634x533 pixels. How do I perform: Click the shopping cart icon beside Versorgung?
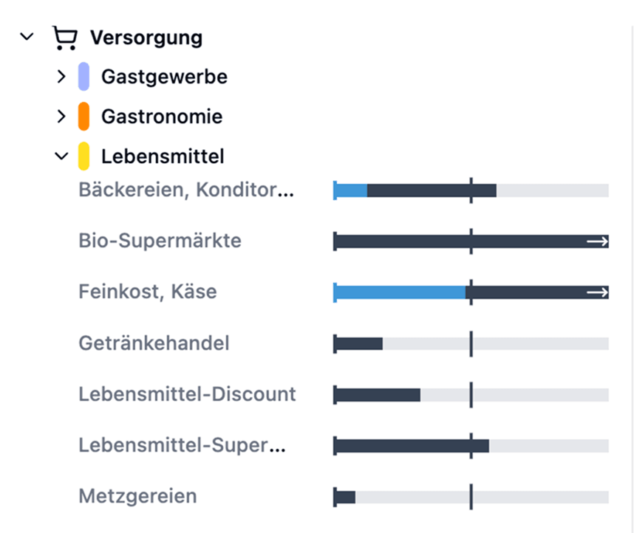click(65, 37)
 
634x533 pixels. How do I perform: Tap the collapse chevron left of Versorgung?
click(27, 36)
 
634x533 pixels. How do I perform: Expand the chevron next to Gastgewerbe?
click(61, 76)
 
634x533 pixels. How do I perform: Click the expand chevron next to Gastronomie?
click(61, 116)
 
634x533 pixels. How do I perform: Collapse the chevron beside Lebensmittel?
click(61, 156)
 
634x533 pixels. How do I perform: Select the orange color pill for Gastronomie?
click(83, 117)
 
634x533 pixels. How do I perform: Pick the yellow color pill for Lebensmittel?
click(83, 157)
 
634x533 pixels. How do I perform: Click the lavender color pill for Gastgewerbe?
click(83, 77)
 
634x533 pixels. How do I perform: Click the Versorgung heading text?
click(146, 37)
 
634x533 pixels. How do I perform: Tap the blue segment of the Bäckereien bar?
click(351, 190)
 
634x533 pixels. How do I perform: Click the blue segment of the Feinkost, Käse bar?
click(400, 292)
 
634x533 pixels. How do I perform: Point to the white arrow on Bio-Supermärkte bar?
click(597, 241)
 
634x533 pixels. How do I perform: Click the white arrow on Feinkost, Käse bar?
click(597, 292)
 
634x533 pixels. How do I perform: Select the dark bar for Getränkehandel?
click(359, 343)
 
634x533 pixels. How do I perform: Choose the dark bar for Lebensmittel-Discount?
click(378, 394)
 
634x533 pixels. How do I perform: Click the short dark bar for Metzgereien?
click(345, 497)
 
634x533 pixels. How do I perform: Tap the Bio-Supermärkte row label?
click(160, 241)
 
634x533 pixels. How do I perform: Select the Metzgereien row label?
click(137, 496)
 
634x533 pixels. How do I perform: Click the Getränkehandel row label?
click(154, 343)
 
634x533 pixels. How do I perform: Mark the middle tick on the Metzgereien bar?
click(471, 497)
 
